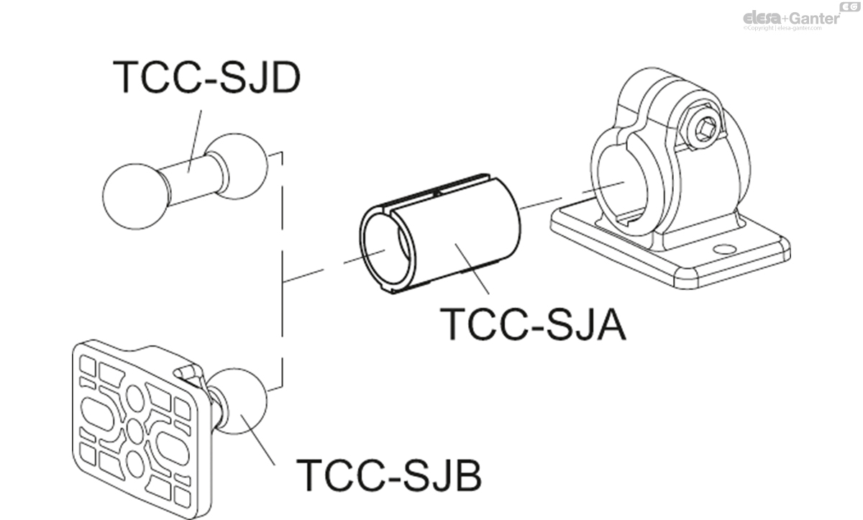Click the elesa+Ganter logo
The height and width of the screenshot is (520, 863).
pos(791,17)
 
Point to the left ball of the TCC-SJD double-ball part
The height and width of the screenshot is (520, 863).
pos(135,196)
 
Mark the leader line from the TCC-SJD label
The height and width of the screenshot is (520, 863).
pos(195,137)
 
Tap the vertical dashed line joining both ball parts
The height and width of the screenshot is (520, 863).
pos(282,273)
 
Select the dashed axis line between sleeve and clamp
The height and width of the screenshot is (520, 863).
pos(547,201)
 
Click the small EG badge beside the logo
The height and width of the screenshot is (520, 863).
pos(850,6)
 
